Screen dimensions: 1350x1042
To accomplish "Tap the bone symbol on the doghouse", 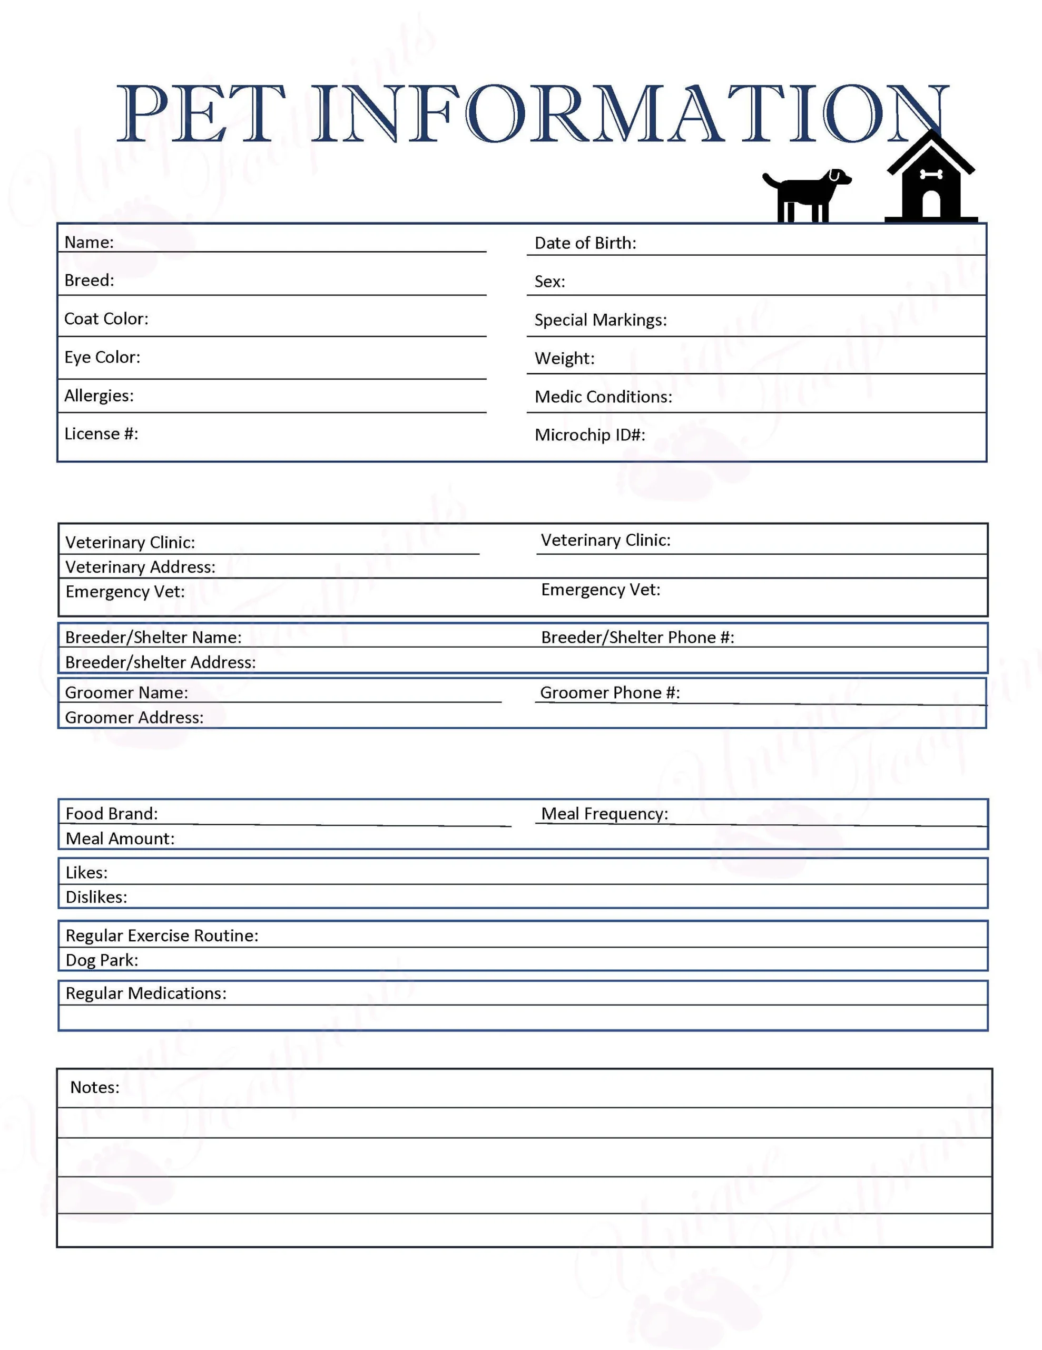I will click(x=931, y=175).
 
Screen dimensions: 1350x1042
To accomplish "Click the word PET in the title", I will click(x=201, y=114).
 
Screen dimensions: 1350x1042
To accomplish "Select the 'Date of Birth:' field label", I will click(x=585, y=243).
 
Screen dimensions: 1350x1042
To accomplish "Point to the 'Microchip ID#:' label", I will click(x=589, y=435).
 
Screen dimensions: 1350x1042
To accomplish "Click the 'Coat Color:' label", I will click(x=106, y=319).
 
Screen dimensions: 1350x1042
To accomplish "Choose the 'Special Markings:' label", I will click(x=601, y=320).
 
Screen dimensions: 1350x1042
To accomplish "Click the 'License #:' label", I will click(x=101, y=433).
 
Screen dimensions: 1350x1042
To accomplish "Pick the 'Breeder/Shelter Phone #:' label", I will click(x=637, y=637).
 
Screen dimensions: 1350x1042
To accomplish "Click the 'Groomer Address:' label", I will click(x=134, y=717).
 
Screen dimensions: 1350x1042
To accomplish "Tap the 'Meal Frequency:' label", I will click(x=604, y=814).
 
